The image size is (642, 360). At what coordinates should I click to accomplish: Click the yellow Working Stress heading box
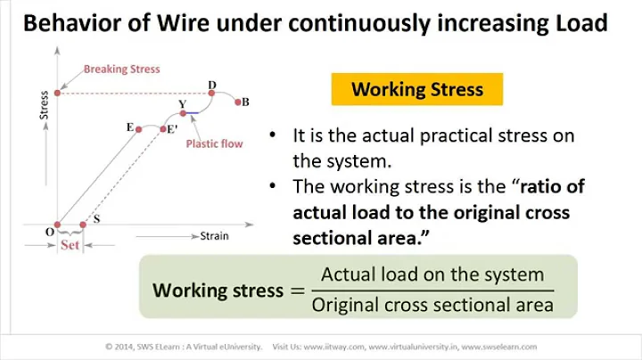[416, 89]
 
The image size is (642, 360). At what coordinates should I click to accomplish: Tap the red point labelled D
[212, 92]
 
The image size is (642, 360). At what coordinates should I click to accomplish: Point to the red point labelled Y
[183, 112]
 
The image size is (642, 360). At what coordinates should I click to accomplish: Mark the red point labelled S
[83, 225]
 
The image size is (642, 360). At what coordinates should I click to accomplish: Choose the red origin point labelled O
[58, 225]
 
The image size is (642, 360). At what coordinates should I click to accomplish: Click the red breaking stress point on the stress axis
[58, 92]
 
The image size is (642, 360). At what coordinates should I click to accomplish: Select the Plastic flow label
[214, 143]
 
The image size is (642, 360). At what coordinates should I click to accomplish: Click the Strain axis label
[214, 236]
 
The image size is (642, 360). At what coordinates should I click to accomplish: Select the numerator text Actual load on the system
[432, 274]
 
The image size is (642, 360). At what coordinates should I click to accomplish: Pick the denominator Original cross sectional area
[432, 306]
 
